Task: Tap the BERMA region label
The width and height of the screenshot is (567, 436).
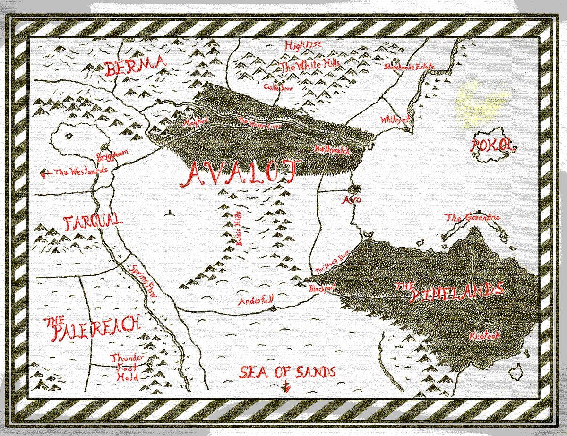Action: tap(136, 68)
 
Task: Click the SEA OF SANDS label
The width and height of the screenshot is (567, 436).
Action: tap(287, 372)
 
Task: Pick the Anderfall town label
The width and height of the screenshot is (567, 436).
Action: tap(256, 300)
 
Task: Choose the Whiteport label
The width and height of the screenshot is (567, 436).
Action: tap(395, 120)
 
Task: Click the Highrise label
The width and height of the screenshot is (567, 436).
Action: tap(303, 45)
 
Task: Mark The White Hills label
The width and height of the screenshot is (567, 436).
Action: tap(310, 66)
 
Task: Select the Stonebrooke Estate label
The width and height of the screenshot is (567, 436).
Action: tap(409, 67)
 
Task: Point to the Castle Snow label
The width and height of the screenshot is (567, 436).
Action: tap(278, 87)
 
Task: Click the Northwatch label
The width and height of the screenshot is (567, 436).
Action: tap(332, 150)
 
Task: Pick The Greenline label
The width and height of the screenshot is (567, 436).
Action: tap(473, 218)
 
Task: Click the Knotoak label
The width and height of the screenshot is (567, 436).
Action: tap(485, 336)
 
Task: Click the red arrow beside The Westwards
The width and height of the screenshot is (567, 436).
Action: tap(46, 173)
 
